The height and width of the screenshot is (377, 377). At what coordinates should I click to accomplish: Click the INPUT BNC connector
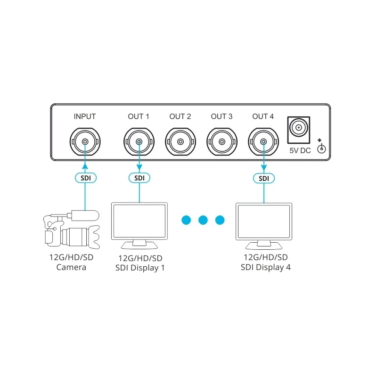pos(85,141)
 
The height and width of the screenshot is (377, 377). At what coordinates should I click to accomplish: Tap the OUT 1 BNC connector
pos(139,141)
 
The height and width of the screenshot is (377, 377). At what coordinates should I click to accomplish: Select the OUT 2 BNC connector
pos(180,141)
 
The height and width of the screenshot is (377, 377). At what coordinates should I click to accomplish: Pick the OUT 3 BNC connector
pos(222,141)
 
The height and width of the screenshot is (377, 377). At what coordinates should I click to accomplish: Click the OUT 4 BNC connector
pos(263,141)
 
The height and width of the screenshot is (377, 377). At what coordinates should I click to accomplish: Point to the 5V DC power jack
pos(299,128)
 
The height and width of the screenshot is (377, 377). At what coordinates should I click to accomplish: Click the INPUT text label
pos(85,116)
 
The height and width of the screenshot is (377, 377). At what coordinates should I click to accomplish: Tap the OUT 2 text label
pos(180,116)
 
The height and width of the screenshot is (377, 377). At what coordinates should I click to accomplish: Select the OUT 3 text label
pos(222,116)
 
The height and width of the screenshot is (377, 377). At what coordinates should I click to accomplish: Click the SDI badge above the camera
pos(85,178)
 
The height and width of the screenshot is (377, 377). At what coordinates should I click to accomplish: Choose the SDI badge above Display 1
pos(139,178)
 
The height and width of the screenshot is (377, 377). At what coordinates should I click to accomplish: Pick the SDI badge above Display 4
pos(264,178)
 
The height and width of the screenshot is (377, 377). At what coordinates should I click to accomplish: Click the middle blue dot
pos(203,219)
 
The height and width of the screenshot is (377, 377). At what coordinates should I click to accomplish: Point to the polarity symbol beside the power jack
pos(322,147)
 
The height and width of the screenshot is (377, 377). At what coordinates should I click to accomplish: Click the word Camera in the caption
pos(71,268)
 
